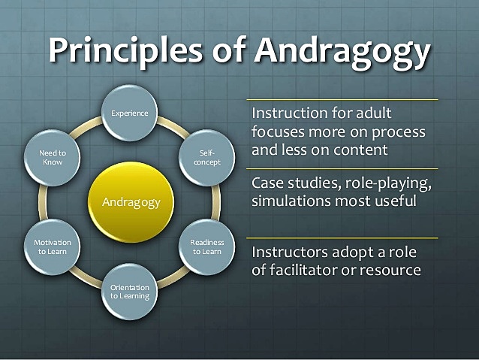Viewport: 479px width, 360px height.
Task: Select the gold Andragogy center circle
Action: tap(131, 201)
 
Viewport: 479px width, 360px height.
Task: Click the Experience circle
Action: tap(130, 113)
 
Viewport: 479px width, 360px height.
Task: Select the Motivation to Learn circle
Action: tap(52, 247)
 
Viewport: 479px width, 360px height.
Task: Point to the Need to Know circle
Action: tap(52, 156)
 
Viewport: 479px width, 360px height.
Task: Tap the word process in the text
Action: tap(399, 132)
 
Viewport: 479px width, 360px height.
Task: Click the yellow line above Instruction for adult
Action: tap(342, 98)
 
